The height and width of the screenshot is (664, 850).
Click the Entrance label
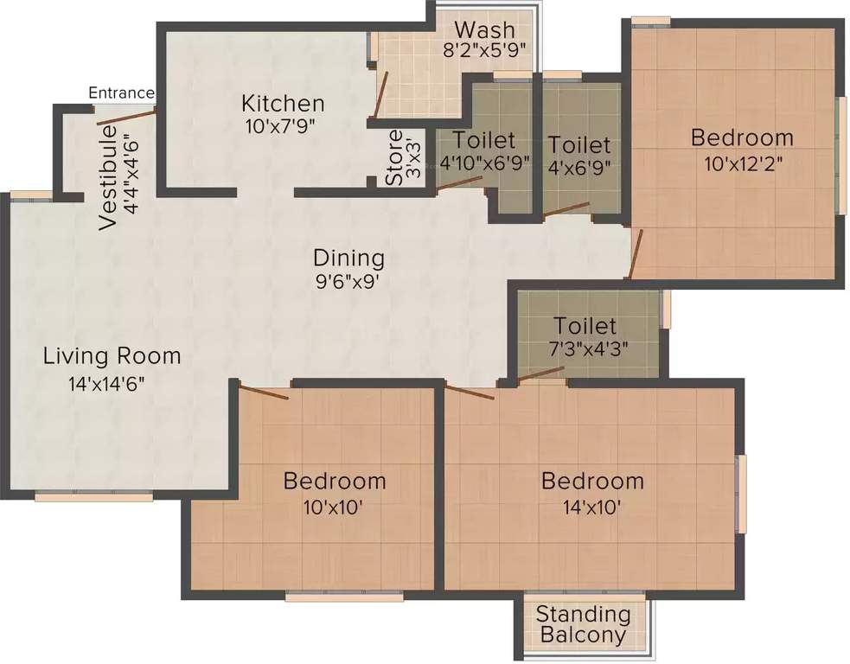point(121,93)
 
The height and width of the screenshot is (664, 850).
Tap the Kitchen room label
point(283,104)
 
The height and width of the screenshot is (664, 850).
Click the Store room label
point(394,158)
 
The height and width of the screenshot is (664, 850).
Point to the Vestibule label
point(108,177)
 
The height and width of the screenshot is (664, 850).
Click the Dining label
point(348,258)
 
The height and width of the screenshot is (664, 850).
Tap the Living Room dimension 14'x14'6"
point(107,383)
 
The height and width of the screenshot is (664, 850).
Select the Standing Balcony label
point(583,625)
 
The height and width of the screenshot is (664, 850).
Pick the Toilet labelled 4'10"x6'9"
point(483,140)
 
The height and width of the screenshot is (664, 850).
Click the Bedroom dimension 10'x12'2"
point(741,164)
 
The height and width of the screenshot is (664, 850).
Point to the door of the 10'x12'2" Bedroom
point(636,254)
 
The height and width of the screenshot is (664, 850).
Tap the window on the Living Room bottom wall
point(94,496)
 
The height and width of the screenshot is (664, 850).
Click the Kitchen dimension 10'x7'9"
point(280,125)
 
